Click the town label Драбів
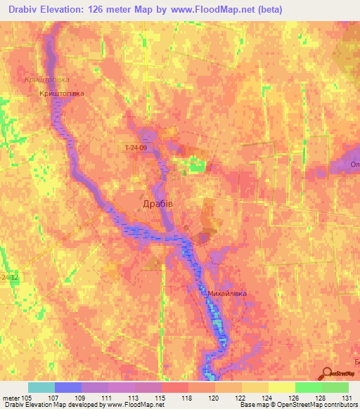[153, 202]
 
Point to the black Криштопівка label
[62, 93]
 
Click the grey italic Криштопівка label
[46, 81]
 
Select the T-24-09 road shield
[136, 148]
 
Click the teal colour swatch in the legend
[41, 387]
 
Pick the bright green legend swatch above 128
[309, 387]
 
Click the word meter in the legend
[10, 397]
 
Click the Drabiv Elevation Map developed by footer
[49, 405]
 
